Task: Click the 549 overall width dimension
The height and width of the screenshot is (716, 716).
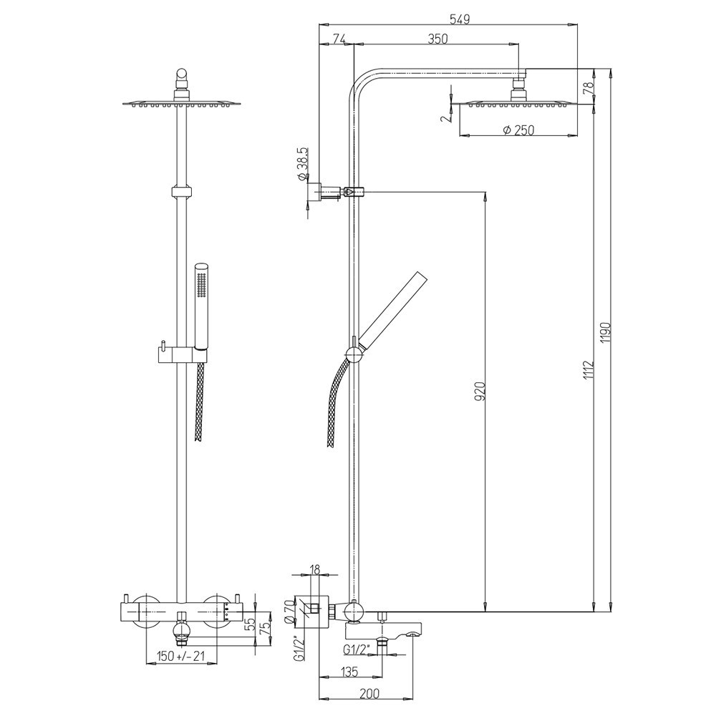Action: coord(460,19)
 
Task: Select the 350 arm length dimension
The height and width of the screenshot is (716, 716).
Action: coord(438,39)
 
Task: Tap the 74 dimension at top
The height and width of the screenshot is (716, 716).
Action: coord(339,39)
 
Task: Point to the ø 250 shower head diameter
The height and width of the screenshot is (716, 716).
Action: coord(518,130)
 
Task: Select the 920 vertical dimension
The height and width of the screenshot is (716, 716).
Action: coord(480,391)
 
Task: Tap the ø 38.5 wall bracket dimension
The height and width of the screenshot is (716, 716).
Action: coord(303,165)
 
